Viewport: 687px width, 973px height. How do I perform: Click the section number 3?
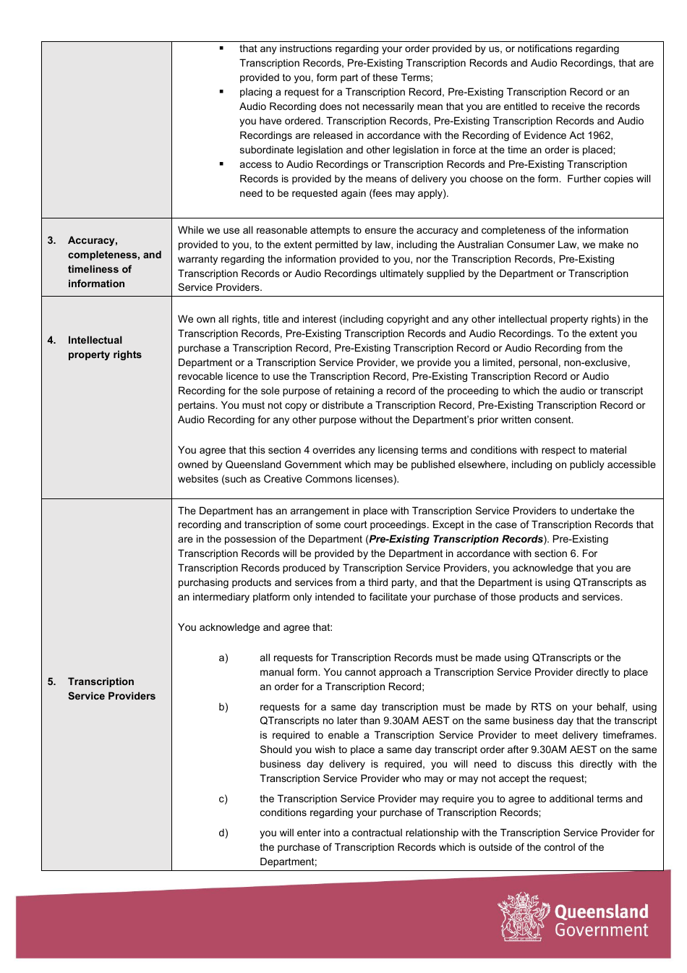(51, 240)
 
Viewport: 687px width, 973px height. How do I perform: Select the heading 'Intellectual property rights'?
(104, 347)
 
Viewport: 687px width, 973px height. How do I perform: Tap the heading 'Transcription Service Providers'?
(111, 689)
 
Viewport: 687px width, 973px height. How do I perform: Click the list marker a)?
(223, 658)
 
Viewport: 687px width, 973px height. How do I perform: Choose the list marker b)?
(223, 707)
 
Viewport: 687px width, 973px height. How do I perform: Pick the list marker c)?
(223, 799)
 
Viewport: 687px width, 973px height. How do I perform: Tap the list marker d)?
(223, 833)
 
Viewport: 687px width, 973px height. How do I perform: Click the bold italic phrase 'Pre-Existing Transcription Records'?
(456, 539)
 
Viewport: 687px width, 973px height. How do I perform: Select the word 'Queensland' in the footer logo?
(602, 911)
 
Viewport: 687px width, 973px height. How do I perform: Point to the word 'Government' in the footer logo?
(602, 930)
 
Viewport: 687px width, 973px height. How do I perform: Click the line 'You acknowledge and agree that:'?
(255, 627)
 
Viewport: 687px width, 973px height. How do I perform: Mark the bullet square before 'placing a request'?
(221, 92)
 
